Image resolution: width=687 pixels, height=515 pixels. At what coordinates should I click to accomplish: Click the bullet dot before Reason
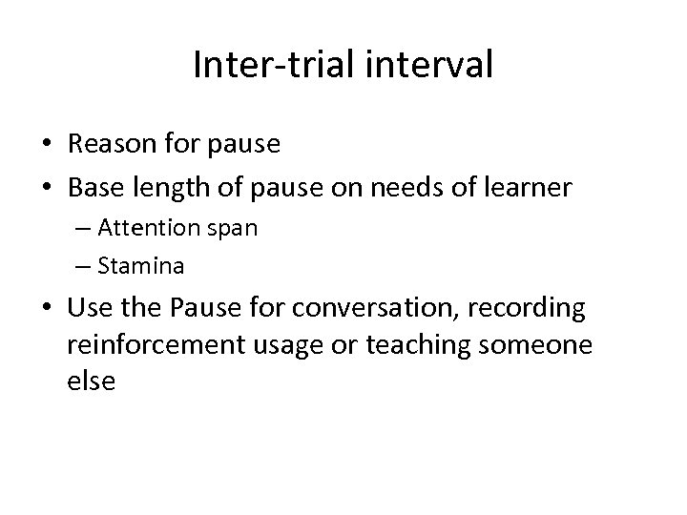point(48,146)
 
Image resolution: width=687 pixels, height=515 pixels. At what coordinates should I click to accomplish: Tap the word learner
point(527,189)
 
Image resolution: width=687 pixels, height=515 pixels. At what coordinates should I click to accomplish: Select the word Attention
point(145,229)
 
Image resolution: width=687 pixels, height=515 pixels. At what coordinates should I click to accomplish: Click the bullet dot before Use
point(48,310)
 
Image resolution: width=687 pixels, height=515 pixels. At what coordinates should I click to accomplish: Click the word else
point(92,381)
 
